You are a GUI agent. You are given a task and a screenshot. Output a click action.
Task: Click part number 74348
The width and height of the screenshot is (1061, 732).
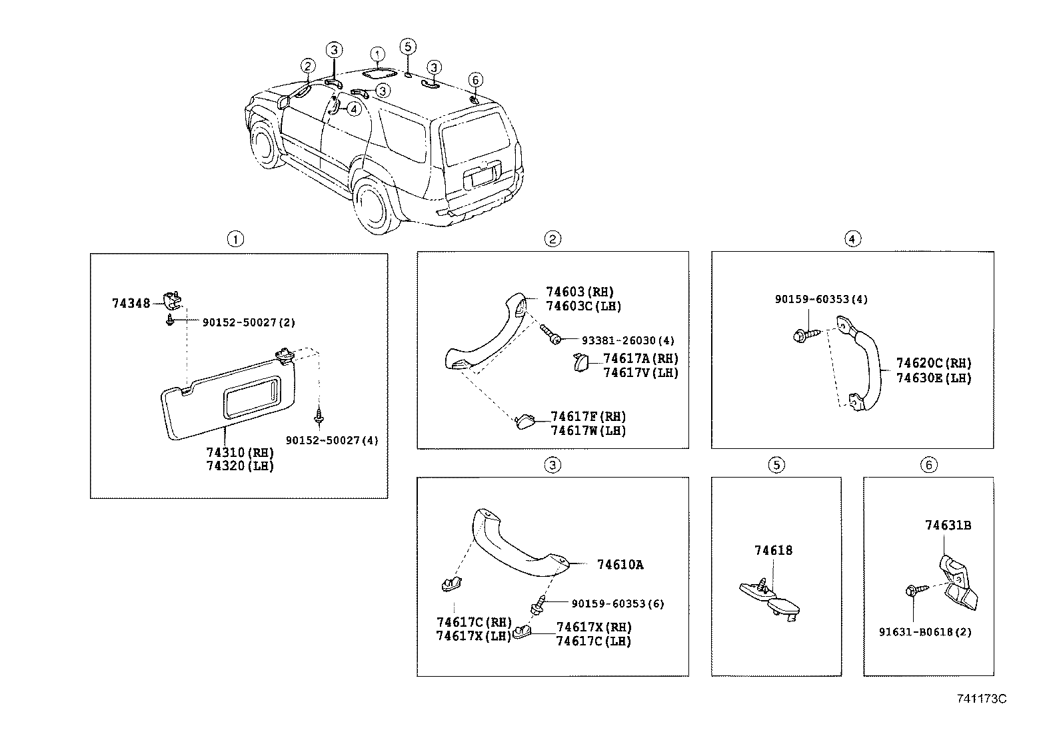[x=131, y=304]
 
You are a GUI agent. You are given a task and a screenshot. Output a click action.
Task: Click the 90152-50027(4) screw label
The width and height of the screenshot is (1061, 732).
[x=332, y=441]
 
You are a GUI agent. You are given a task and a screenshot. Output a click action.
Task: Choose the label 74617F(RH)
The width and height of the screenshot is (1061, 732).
[x=588, y=417]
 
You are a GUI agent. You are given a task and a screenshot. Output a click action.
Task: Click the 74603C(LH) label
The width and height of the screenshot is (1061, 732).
[x=584, y=306]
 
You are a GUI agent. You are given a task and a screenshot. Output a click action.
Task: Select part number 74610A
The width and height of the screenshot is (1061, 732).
[x=620, y=565]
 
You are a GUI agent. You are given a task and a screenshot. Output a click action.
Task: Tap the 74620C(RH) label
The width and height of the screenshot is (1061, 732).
[x=933, y=364]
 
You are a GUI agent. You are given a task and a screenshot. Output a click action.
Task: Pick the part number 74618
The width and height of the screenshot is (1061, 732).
[x=773, y=551]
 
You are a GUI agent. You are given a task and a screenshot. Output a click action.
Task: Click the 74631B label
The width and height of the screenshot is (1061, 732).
[x=948, y=526]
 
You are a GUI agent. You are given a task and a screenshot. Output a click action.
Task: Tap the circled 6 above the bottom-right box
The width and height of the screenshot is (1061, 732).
[x=929, y=465]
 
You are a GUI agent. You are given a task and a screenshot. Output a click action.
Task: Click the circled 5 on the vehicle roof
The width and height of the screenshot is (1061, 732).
[x=409, y=46]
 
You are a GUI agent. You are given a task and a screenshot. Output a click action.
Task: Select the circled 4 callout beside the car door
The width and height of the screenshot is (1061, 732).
[x=353, y=108]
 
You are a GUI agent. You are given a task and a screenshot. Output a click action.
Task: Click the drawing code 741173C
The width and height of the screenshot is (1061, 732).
[x=981, y=699]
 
